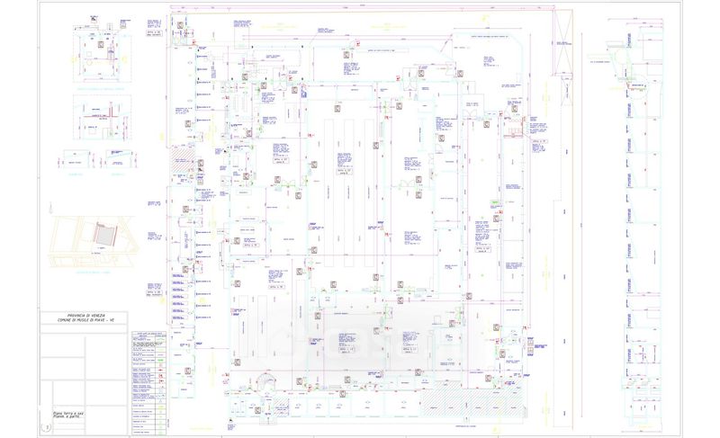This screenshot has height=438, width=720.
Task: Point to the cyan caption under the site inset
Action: coord(91,271)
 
